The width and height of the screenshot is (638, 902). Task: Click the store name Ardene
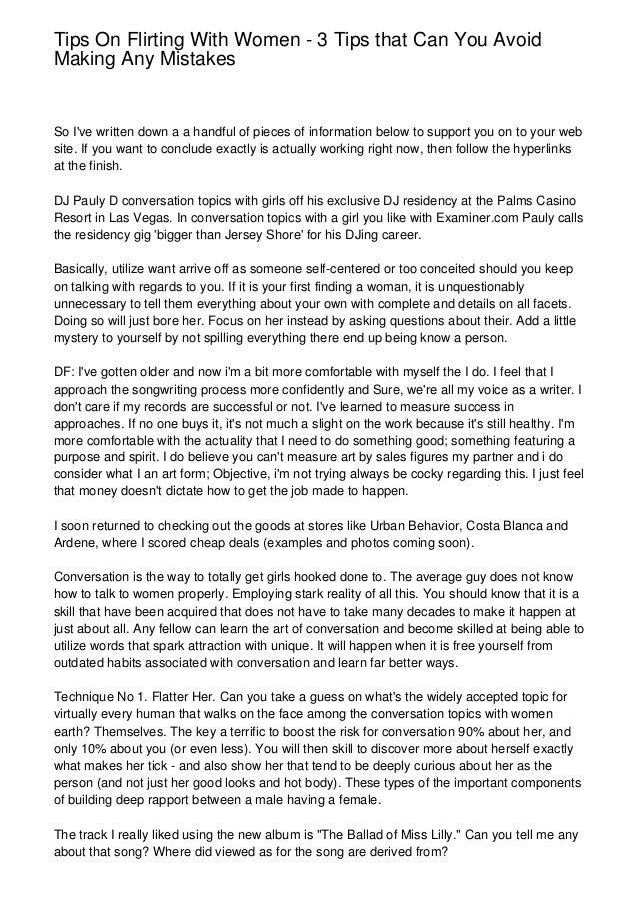75,544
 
